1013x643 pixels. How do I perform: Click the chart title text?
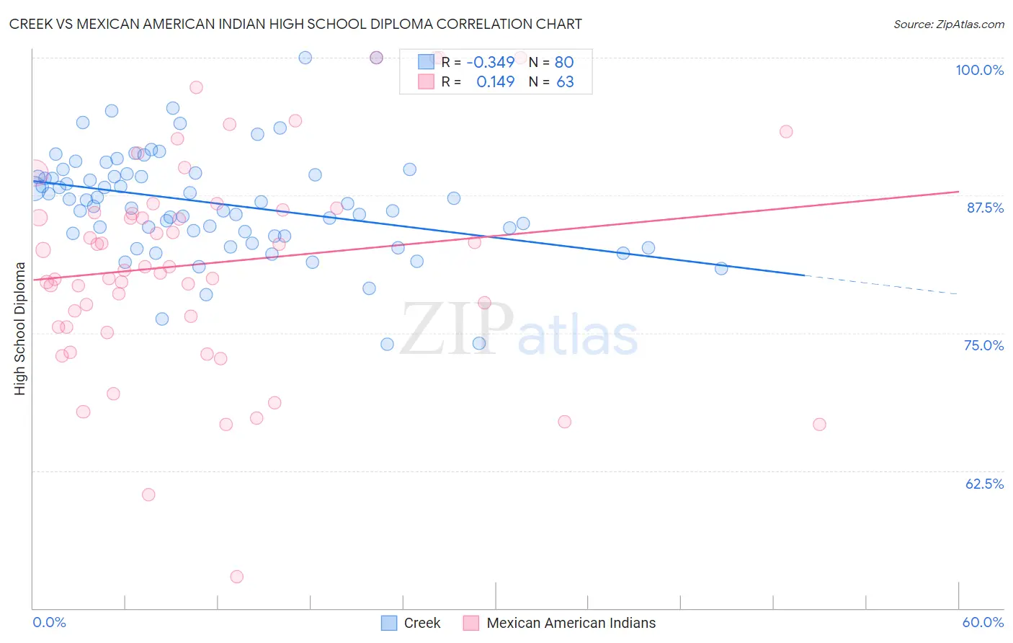(295, 24)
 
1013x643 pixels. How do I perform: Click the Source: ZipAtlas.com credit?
(948, 24)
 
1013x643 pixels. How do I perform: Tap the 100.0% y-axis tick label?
(979, 70)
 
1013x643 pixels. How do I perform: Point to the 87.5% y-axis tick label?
(984, 208)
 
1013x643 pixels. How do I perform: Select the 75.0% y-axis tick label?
(983, 345)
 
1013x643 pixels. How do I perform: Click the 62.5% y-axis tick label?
(984, 484)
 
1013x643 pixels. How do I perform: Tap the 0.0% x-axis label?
(49, 622)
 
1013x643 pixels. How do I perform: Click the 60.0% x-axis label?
(983, 622)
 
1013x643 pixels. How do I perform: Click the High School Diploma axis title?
(20, 328)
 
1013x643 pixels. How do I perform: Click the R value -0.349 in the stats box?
(490, 62)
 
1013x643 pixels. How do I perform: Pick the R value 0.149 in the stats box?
(496, 82)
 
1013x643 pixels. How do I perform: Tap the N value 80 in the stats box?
(564, 62)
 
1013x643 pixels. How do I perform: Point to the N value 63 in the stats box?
(565, 82)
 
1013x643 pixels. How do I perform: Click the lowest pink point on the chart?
(237, 577)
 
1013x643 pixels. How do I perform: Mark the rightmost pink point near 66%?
(819, 425)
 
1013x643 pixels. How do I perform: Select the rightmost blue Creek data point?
(721, 268)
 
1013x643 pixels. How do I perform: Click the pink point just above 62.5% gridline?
(148, 495)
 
